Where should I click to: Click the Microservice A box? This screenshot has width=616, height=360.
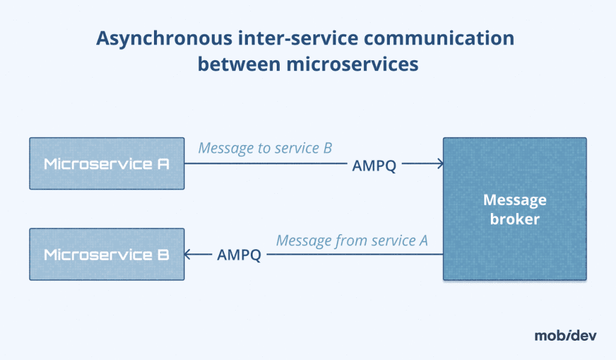(106, 164)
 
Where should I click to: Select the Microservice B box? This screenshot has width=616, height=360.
(106, 254)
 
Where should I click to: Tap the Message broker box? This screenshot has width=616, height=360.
(514, 209)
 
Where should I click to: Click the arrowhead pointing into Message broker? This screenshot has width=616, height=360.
(440, 163)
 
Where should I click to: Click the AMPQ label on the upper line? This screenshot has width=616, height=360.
(374, 167)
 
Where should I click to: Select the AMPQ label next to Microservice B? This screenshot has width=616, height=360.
(239, 255)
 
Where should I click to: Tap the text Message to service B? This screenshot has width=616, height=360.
(265, 147)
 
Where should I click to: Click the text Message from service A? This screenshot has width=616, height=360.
(351, 240)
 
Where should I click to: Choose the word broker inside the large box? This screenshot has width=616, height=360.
(514, 219)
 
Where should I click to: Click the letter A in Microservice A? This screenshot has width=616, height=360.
(162, 164)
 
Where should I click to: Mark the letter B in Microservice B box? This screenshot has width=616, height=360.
(162, 254)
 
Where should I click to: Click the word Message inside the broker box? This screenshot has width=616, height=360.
(514, 199)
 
